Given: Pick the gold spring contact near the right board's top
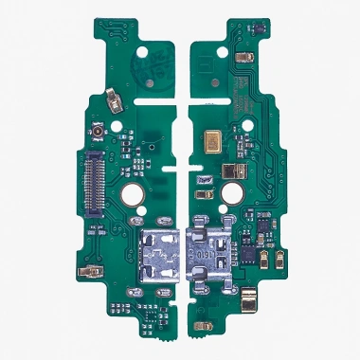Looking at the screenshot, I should click(x=245, y=59).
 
